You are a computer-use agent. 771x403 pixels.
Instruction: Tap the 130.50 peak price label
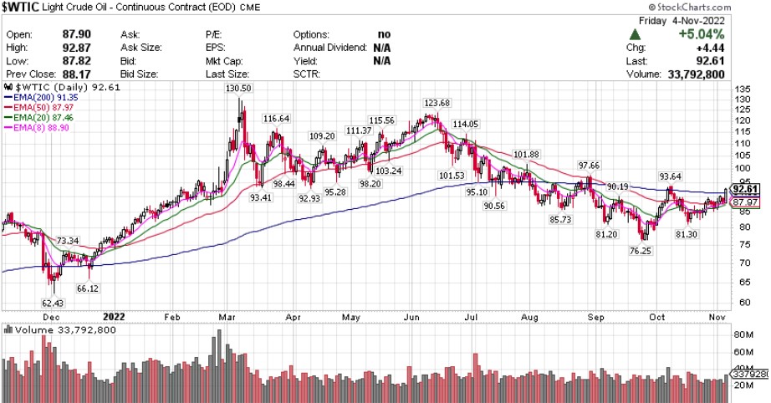pyautogui.click(x=239, y=89)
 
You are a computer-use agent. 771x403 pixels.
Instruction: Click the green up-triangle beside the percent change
pyautogui.click(x=636, y=34)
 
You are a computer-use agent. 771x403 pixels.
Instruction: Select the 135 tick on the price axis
pyautogui.click(x=743, y=88)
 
